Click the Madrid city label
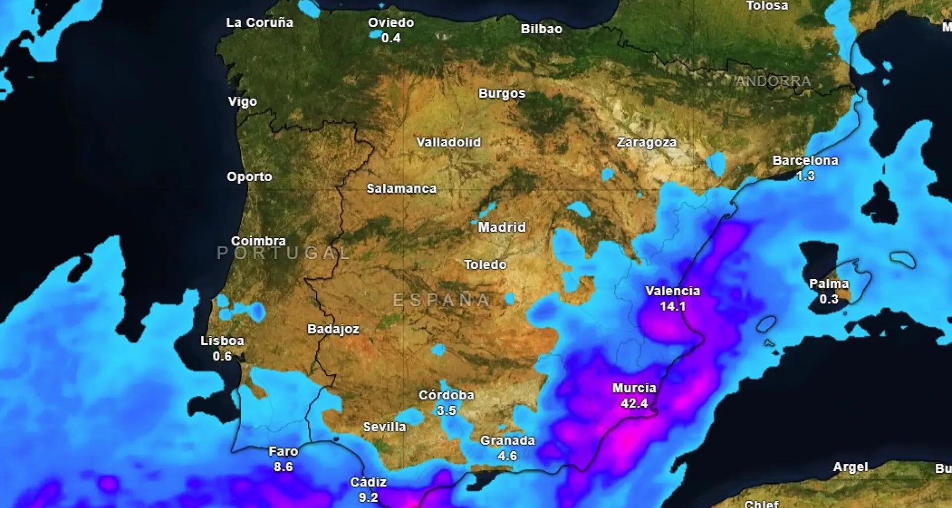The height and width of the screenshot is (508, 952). coord(502,227)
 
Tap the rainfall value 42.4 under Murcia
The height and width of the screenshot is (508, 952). coord(634,403)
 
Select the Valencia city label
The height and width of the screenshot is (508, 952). coord(672,291)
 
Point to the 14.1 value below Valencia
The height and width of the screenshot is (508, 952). coord(672,307)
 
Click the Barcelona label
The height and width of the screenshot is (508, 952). coord(805,161)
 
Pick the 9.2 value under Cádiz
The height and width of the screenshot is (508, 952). coord(368,497)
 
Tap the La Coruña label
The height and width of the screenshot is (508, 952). coord(259,23)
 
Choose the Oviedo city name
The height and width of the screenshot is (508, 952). coord(391,23)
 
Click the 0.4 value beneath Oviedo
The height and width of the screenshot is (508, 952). coord(391,38)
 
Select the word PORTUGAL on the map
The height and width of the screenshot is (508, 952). coord(284,253)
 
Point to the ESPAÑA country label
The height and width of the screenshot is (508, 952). coord(441,300)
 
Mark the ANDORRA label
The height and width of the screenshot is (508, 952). coord(773,81)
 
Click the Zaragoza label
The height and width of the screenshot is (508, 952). coord(647,143)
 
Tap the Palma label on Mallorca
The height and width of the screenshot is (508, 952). coord(829,284)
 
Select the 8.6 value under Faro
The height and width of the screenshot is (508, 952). coord(283,467)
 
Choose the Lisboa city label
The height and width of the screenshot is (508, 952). coord(222,341)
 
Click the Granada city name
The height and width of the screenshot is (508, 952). coord(507,441)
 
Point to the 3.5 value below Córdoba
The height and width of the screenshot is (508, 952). coord(446,410)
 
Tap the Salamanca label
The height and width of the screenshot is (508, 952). coord(402,189)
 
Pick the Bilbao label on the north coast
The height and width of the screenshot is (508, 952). coord(541,29)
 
